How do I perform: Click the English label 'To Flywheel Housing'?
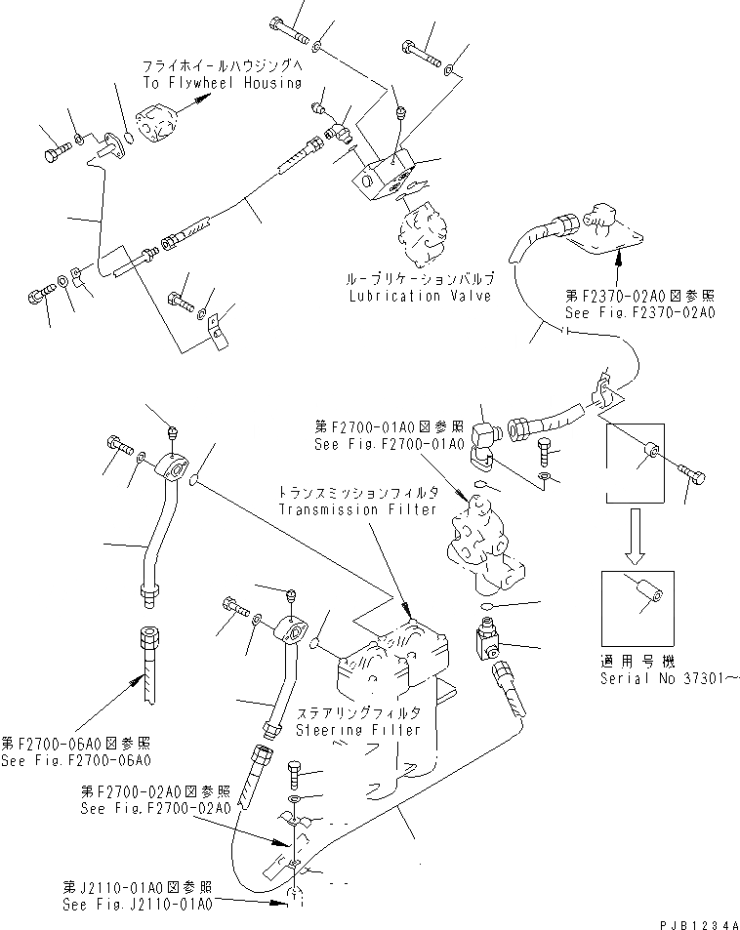[x=222, y=84]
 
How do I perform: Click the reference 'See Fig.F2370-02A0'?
[x=640, y=313]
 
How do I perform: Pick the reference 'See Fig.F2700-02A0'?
[x=156, y=809]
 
